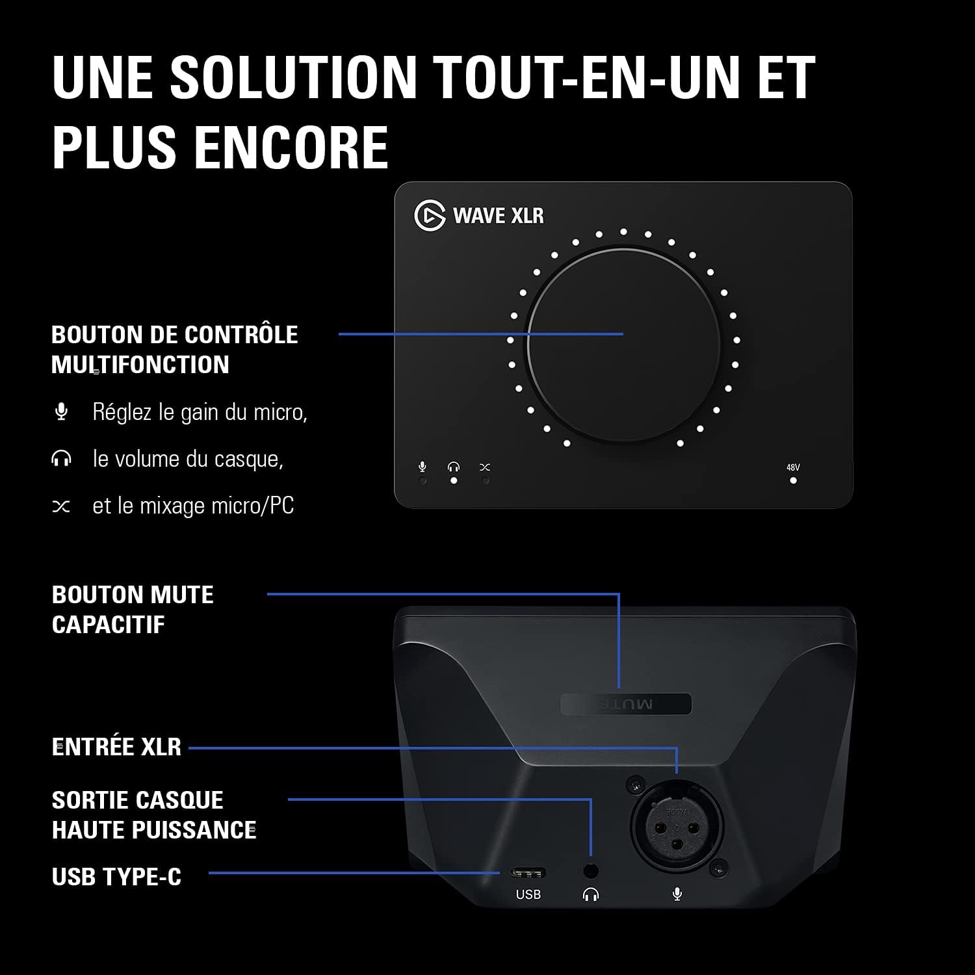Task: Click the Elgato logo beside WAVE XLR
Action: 430,215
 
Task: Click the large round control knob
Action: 623,344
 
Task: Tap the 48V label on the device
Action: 793,467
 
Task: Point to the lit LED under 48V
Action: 793,481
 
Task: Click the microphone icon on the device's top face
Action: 422,467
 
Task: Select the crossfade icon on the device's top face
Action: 485,467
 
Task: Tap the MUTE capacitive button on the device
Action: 626,704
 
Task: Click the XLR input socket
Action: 677,826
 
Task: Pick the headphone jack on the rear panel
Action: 591,870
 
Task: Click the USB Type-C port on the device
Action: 528,872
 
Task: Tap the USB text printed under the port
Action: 528,894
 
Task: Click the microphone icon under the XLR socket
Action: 677,895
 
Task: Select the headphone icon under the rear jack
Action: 591,895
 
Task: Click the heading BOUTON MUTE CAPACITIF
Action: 133,610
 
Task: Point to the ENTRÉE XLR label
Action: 116,747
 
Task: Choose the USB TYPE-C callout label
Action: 116,877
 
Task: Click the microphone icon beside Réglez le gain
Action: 61,411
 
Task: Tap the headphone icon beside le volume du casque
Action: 61,459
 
